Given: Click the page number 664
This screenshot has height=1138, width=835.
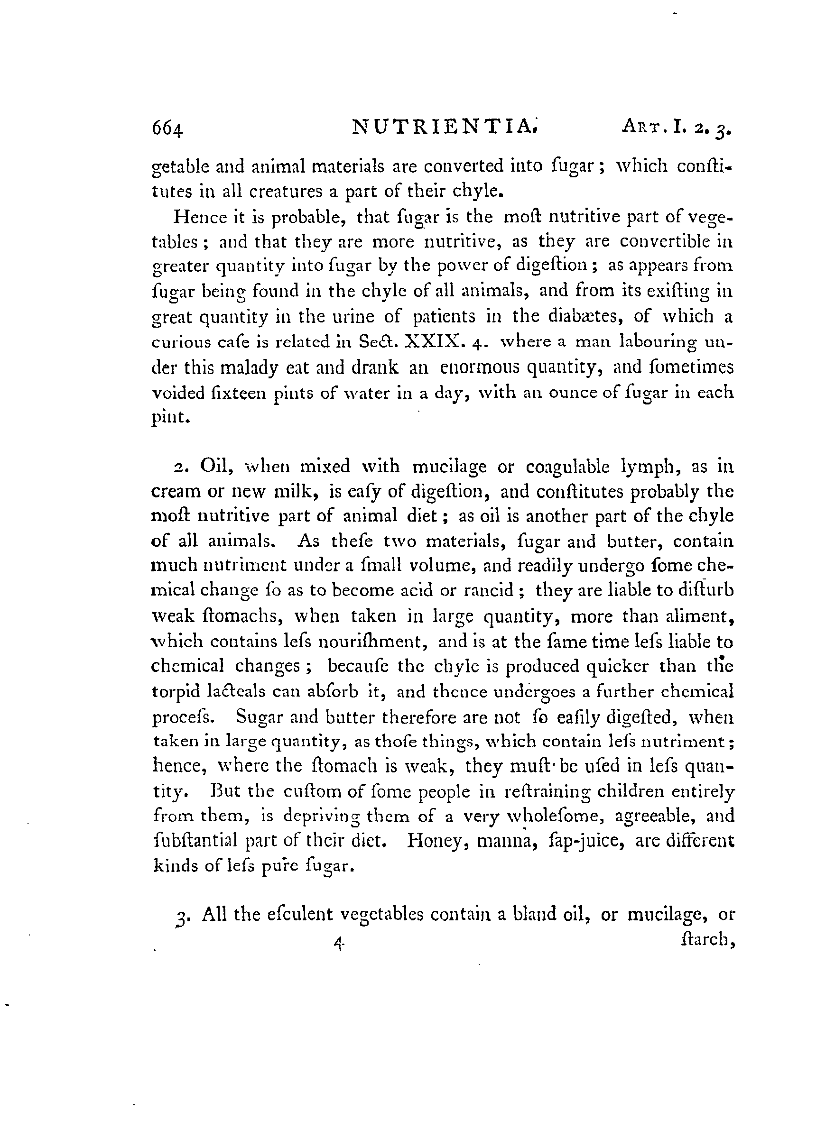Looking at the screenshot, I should (168, 130).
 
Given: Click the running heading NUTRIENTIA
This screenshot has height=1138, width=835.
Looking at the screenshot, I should (444, 127).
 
